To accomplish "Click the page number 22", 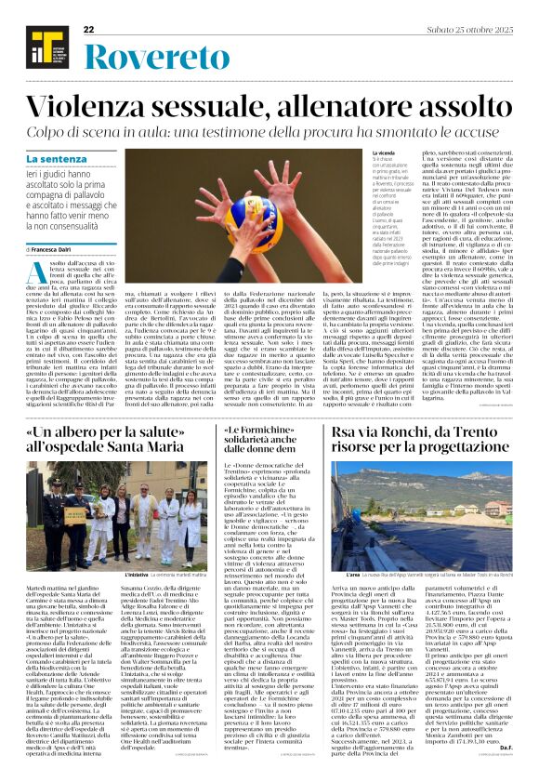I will pyautogui.click(x=88, y=30).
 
